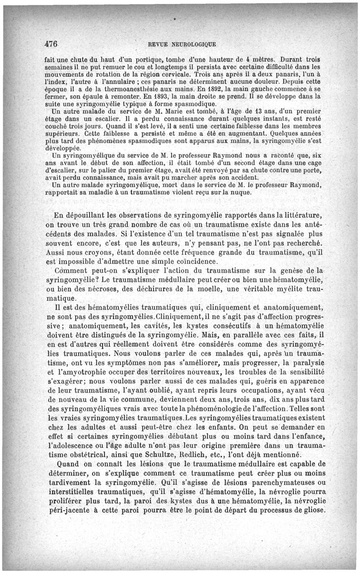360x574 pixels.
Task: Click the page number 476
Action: [51, 44]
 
